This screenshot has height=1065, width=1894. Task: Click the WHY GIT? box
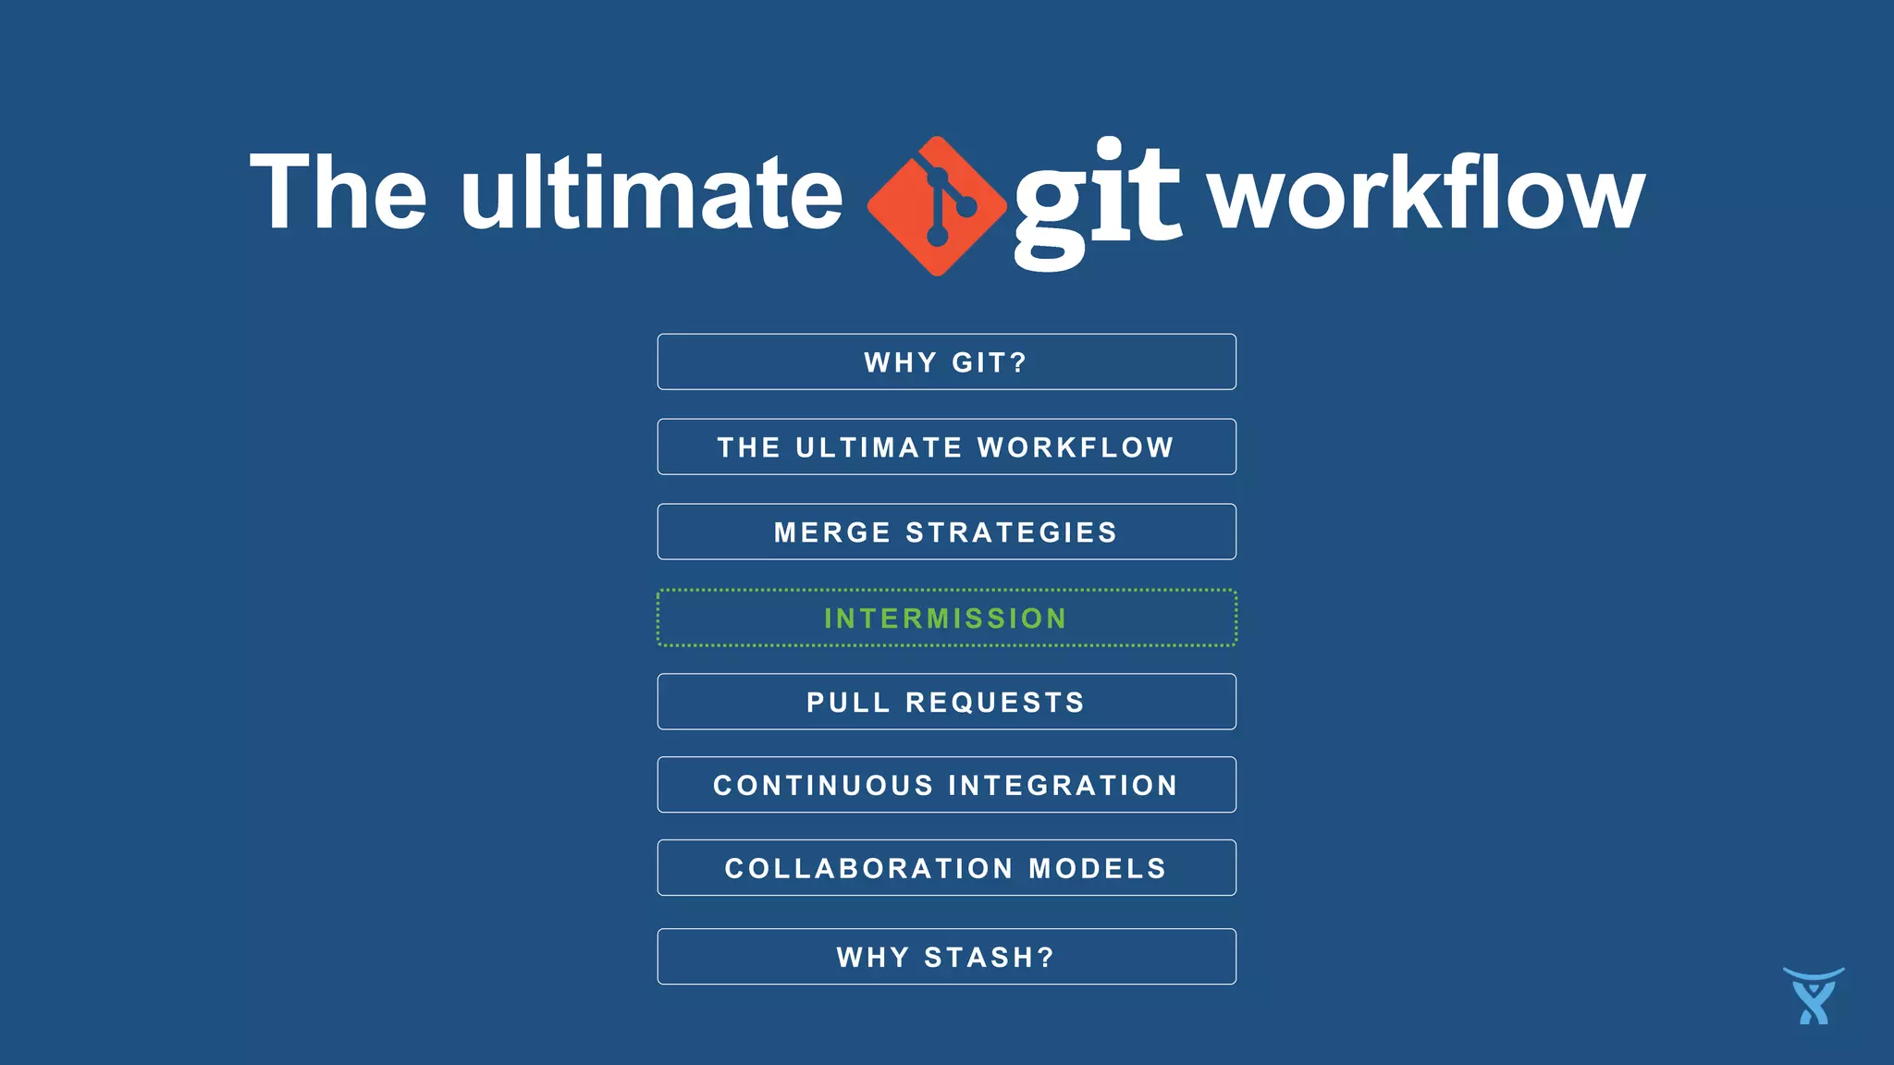946,361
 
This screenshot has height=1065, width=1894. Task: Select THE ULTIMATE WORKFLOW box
946,447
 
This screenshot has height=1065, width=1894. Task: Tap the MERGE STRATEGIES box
946,532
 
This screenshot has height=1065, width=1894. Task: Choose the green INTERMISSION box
946,618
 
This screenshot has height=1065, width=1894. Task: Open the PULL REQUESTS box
946,702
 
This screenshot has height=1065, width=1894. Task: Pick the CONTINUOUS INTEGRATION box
946,785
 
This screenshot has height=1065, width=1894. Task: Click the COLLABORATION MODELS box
946,868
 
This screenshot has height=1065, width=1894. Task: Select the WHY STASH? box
946,957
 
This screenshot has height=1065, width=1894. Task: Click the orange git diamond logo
937,205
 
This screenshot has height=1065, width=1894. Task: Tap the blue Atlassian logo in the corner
1814,996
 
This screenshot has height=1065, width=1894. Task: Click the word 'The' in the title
338,192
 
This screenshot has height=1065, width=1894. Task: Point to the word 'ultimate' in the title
652,192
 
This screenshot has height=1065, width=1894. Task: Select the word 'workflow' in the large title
1427,192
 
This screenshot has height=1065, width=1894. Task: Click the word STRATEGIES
1012,532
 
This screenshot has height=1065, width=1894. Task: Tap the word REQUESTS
995,703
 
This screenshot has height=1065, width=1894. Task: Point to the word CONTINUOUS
823,786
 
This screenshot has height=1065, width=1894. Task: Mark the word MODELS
1098,869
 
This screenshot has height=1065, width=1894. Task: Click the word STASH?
990,958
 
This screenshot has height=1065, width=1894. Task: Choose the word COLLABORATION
869,869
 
